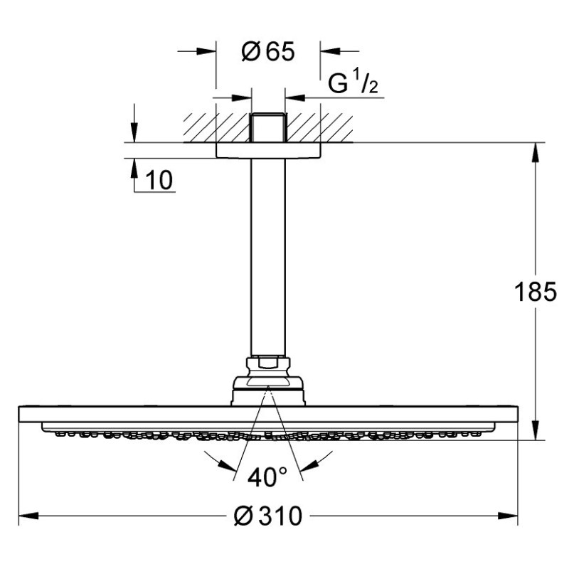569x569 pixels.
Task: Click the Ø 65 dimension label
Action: [268, 52]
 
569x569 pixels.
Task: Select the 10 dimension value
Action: [159, 180]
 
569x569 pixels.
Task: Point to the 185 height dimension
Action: [536, 292]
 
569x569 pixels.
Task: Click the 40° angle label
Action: [267, 477]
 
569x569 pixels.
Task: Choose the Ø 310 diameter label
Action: [268, 516]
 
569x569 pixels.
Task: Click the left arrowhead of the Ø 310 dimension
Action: [28, 516]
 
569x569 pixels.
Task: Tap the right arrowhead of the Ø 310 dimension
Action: [508, 516]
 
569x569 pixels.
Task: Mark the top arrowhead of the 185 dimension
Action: [536, 153]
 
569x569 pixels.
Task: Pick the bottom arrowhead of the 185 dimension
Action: [536, 430]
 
